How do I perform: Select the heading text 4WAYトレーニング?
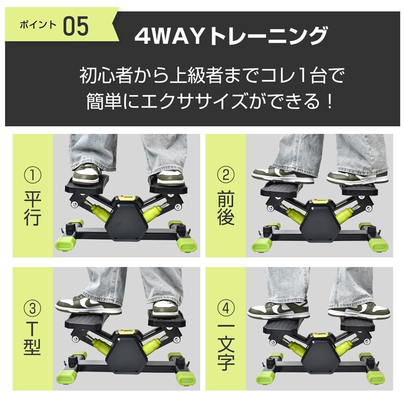click(x=231, y=36)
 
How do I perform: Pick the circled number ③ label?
click(x=32, y=309)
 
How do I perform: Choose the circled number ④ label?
click(x=225, y=309)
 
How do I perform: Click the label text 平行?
click(x=32, y=210)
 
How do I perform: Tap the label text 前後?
click(x=225, y=210)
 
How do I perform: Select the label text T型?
click(x=32, y=342)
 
